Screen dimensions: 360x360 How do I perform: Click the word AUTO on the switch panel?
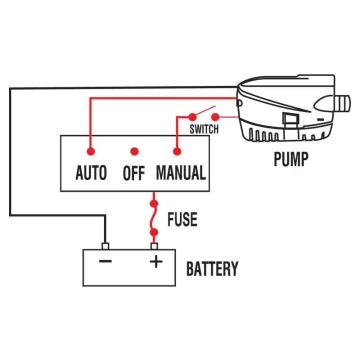click(91, 172)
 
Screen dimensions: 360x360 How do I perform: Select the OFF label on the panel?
click(134, 172)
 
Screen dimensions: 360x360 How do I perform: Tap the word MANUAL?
click(181, 172)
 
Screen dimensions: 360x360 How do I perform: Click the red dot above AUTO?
click(91, 152)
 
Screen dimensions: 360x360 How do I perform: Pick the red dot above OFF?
click(134, 152)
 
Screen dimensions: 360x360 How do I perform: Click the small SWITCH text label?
click(204, 129)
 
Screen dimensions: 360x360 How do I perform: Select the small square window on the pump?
click(288, 124)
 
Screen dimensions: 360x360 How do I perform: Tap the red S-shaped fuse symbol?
click(155, 216)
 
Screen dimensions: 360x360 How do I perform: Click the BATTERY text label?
click(212, 268)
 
